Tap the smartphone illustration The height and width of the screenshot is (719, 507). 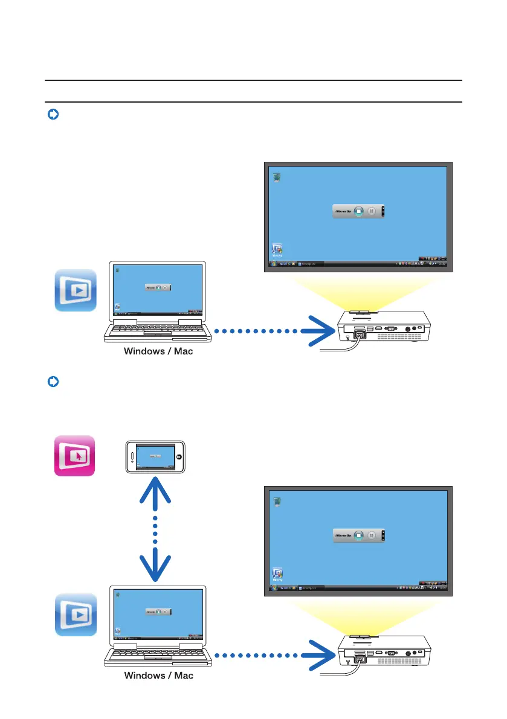[x=155, y=457]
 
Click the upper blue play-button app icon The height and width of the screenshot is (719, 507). [x=76, y=290]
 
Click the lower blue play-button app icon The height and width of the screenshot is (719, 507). [x=76, y=615]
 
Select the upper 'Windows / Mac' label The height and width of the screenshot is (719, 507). [x=158, y=351]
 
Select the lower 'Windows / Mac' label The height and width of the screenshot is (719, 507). [x=158, y=676]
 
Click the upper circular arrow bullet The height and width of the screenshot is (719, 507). [x=53, y=115]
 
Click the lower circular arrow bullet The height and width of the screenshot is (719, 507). [x=53, y=382]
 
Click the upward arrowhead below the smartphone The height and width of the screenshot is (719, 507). [x=155, y=490]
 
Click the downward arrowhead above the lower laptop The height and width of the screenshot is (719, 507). [x=155, y=564]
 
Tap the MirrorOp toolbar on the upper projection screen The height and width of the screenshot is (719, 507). [x=359, y=211]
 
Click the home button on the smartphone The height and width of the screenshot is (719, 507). [x=179, y=457]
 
